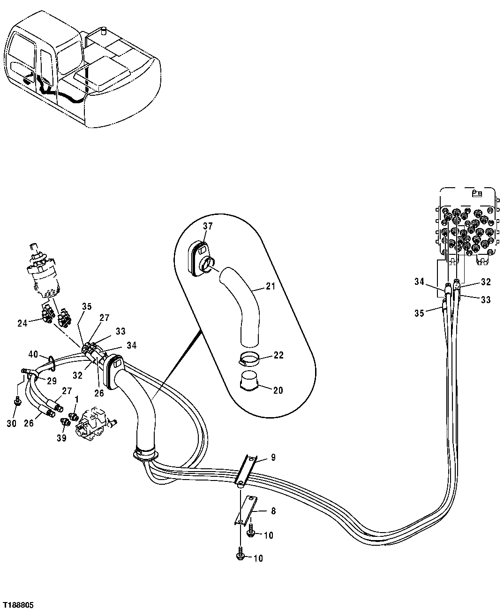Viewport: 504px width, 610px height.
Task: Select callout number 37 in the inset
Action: [208, 226]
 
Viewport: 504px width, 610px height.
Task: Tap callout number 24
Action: [23, 322]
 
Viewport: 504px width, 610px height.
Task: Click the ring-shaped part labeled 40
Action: [51, 361]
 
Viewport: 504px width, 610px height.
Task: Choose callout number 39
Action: [62, 438]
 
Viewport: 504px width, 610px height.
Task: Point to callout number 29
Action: [52, 380]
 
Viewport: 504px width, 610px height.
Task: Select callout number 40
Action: [33, 354]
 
